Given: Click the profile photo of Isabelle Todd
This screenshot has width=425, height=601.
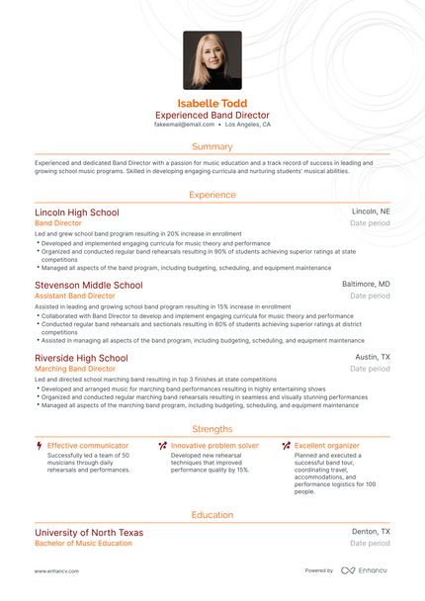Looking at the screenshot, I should coord(212,60).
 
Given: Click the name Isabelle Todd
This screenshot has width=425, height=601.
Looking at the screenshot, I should coord(212,103).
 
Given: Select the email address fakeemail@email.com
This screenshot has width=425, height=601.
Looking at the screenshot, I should coord(184,126).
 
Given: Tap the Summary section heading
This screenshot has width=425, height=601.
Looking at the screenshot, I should coord(212,146).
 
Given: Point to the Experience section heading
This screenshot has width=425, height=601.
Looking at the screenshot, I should coord(212,195).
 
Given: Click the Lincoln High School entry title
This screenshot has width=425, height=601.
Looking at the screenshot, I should coord(76,213).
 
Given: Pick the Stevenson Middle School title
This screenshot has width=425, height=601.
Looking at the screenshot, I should coord(88,285).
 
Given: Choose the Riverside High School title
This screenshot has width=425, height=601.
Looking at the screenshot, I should coord(81,358).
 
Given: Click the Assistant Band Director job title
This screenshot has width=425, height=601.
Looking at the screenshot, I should coord(75,296).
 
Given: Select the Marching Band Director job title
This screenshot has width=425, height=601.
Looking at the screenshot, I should coord(75,369).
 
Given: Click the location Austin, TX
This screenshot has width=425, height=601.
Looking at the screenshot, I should coord(373,358).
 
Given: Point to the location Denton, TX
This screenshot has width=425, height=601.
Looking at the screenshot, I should coord(371,533).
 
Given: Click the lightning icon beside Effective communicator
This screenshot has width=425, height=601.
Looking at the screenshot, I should coord(39,446).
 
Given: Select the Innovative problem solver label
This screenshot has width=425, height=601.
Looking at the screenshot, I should coord(214,446).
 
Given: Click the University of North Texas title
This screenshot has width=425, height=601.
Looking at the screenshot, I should coord(89,533).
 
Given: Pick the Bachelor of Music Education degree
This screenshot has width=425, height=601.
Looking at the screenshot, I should coord(83,544).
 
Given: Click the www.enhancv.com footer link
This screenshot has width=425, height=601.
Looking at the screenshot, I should coord(56,571).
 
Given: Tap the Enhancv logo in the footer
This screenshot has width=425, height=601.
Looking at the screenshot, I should coord(365,571).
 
